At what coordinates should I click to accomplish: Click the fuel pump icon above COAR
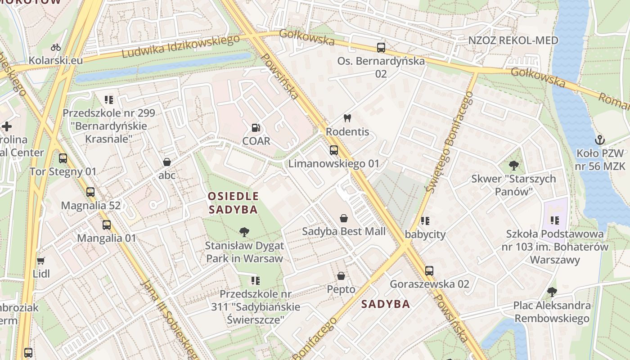pos(256,128)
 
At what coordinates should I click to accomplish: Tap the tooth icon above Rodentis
pos(347,118)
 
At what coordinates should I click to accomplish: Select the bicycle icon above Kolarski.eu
pos(56,47)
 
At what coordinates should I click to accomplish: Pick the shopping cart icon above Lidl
pos(41,261)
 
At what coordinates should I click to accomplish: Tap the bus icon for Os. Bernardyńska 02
pos(381,47)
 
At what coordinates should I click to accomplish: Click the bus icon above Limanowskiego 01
pos(333,150)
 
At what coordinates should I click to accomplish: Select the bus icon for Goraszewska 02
pos(429,271)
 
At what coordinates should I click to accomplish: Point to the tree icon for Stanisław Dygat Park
pos(244,232)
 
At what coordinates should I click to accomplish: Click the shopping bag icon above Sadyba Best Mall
pos(344,218)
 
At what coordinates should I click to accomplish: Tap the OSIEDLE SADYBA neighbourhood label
pos(233,202)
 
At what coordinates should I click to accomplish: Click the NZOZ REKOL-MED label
pos(513,40)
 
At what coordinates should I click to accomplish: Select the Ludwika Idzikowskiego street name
pos(181,46)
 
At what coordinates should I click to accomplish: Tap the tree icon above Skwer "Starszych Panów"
pos(513,165)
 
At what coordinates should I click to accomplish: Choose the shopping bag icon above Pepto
pos(341,276)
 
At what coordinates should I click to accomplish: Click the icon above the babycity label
pos(425,221)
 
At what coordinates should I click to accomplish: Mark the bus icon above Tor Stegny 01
pos(63,158)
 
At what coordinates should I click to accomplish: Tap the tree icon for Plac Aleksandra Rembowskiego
pos(552,292)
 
